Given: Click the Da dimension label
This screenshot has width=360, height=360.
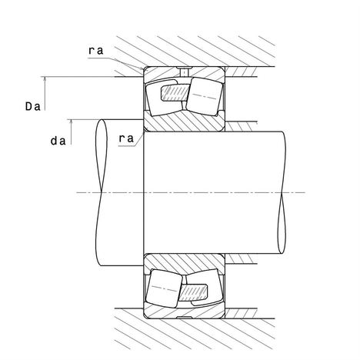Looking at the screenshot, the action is coord(33,106).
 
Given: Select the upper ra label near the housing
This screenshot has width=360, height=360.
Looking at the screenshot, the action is coord(96,51).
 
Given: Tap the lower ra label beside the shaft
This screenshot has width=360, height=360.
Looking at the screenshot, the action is coord(126,138).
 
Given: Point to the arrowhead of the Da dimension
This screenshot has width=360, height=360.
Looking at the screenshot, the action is coord(45,80).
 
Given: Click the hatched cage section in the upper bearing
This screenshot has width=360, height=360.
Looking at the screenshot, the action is coord(175,92).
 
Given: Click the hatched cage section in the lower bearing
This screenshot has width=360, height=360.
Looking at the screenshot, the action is coord(193,292).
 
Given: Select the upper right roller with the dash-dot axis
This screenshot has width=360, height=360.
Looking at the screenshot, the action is coord(204,96).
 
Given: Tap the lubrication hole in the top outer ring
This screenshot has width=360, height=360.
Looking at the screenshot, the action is coord(184,72).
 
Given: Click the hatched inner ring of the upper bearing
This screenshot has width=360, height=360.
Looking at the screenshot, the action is coord(184,121).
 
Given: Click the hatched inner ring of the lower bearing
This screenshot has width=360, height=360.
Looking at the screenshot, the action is coord(184,264).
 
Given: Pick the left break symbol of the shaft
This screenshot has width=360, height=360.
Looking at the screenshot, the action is coord(102,192).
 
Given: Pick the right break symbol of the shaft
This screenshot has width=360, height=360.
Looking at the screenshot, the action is coord(282,192).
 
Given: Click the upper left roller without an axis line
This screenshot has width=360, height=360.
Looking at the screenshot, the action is coord(164,97).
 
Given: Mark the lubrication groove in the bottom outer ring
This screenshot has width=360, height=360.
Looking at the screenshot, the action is coord(184,318).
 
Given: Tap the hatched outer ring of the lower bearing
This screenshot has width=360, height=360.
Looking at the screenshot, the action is coord(184,311).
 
